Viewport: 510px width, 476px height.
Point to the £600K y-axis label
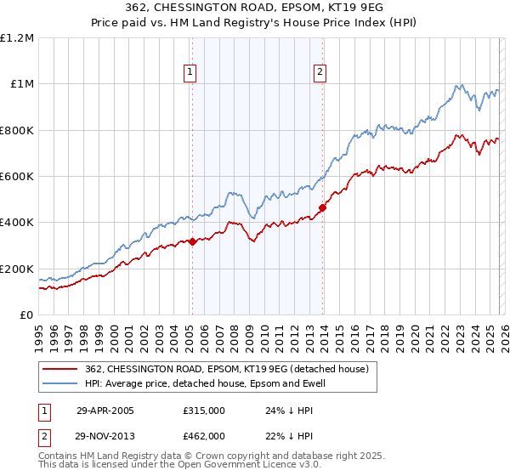coord(17,177)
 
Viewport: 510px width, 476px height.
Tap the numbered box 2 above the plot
coord(320,73)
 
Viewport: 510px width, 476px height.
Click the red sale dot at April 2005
coord(193,241)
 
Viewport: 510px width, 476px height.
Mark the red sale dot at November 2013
coord(323,207)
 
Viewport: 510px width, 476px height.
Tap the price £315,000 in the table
coord(203,411)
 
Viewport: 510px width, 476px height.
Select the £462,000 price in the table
coord(203,435)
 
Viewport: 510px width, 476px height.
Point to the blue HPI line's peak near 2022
coord(460,84)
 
